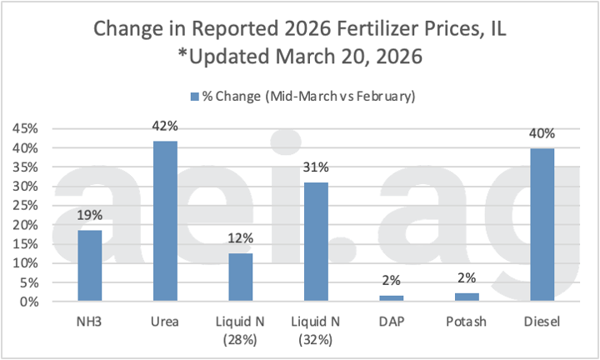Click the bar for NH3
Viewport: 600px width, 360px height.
(89, 266)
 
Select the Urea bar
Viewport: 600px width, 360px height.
(165, 222)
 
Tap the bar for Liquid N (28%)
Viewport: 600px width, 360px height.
(240, 277)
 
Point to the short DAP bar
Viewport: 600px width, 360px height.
(391, 297)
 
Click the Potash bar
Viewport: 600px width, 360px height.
(467, 297)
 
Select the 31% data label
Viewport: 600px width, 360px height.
(316, 172)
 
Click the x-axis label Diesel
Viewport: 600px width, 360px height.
(542, 321)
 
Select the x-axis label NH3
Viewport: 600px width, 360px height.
(89, 321)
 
